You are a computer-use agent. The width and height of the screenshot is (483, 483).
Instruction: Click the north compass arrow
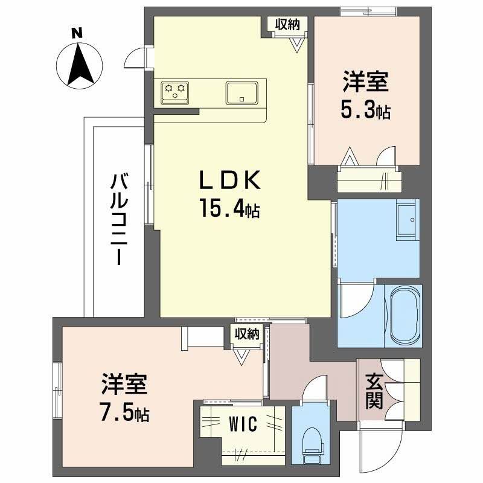pos(78,63)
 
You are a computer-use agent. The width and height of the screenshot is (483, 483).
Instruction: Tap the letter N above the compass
pos(77,34)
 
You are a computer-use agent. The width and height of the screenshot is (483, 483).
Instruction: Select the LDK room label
pos(230,180)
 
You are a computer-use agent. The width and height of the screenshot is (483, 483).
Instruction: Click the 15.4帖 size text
pos(230,210)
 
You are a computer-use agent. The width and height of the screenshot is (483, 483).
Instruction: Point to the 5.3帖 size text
pos(366,110)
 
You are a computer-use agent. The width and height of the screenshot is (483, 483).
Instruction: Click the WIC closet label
pos(243,424)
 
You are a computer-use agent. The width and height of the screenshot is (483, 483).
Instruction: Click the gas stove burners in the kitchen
pos(176,92)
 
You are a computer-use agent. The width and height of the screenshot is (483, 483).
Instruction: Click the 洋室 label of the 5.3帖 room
pos(366,82)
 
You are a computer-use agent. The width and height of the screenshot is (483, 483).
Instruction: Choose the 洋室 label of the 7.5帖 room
pos(126,384)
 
